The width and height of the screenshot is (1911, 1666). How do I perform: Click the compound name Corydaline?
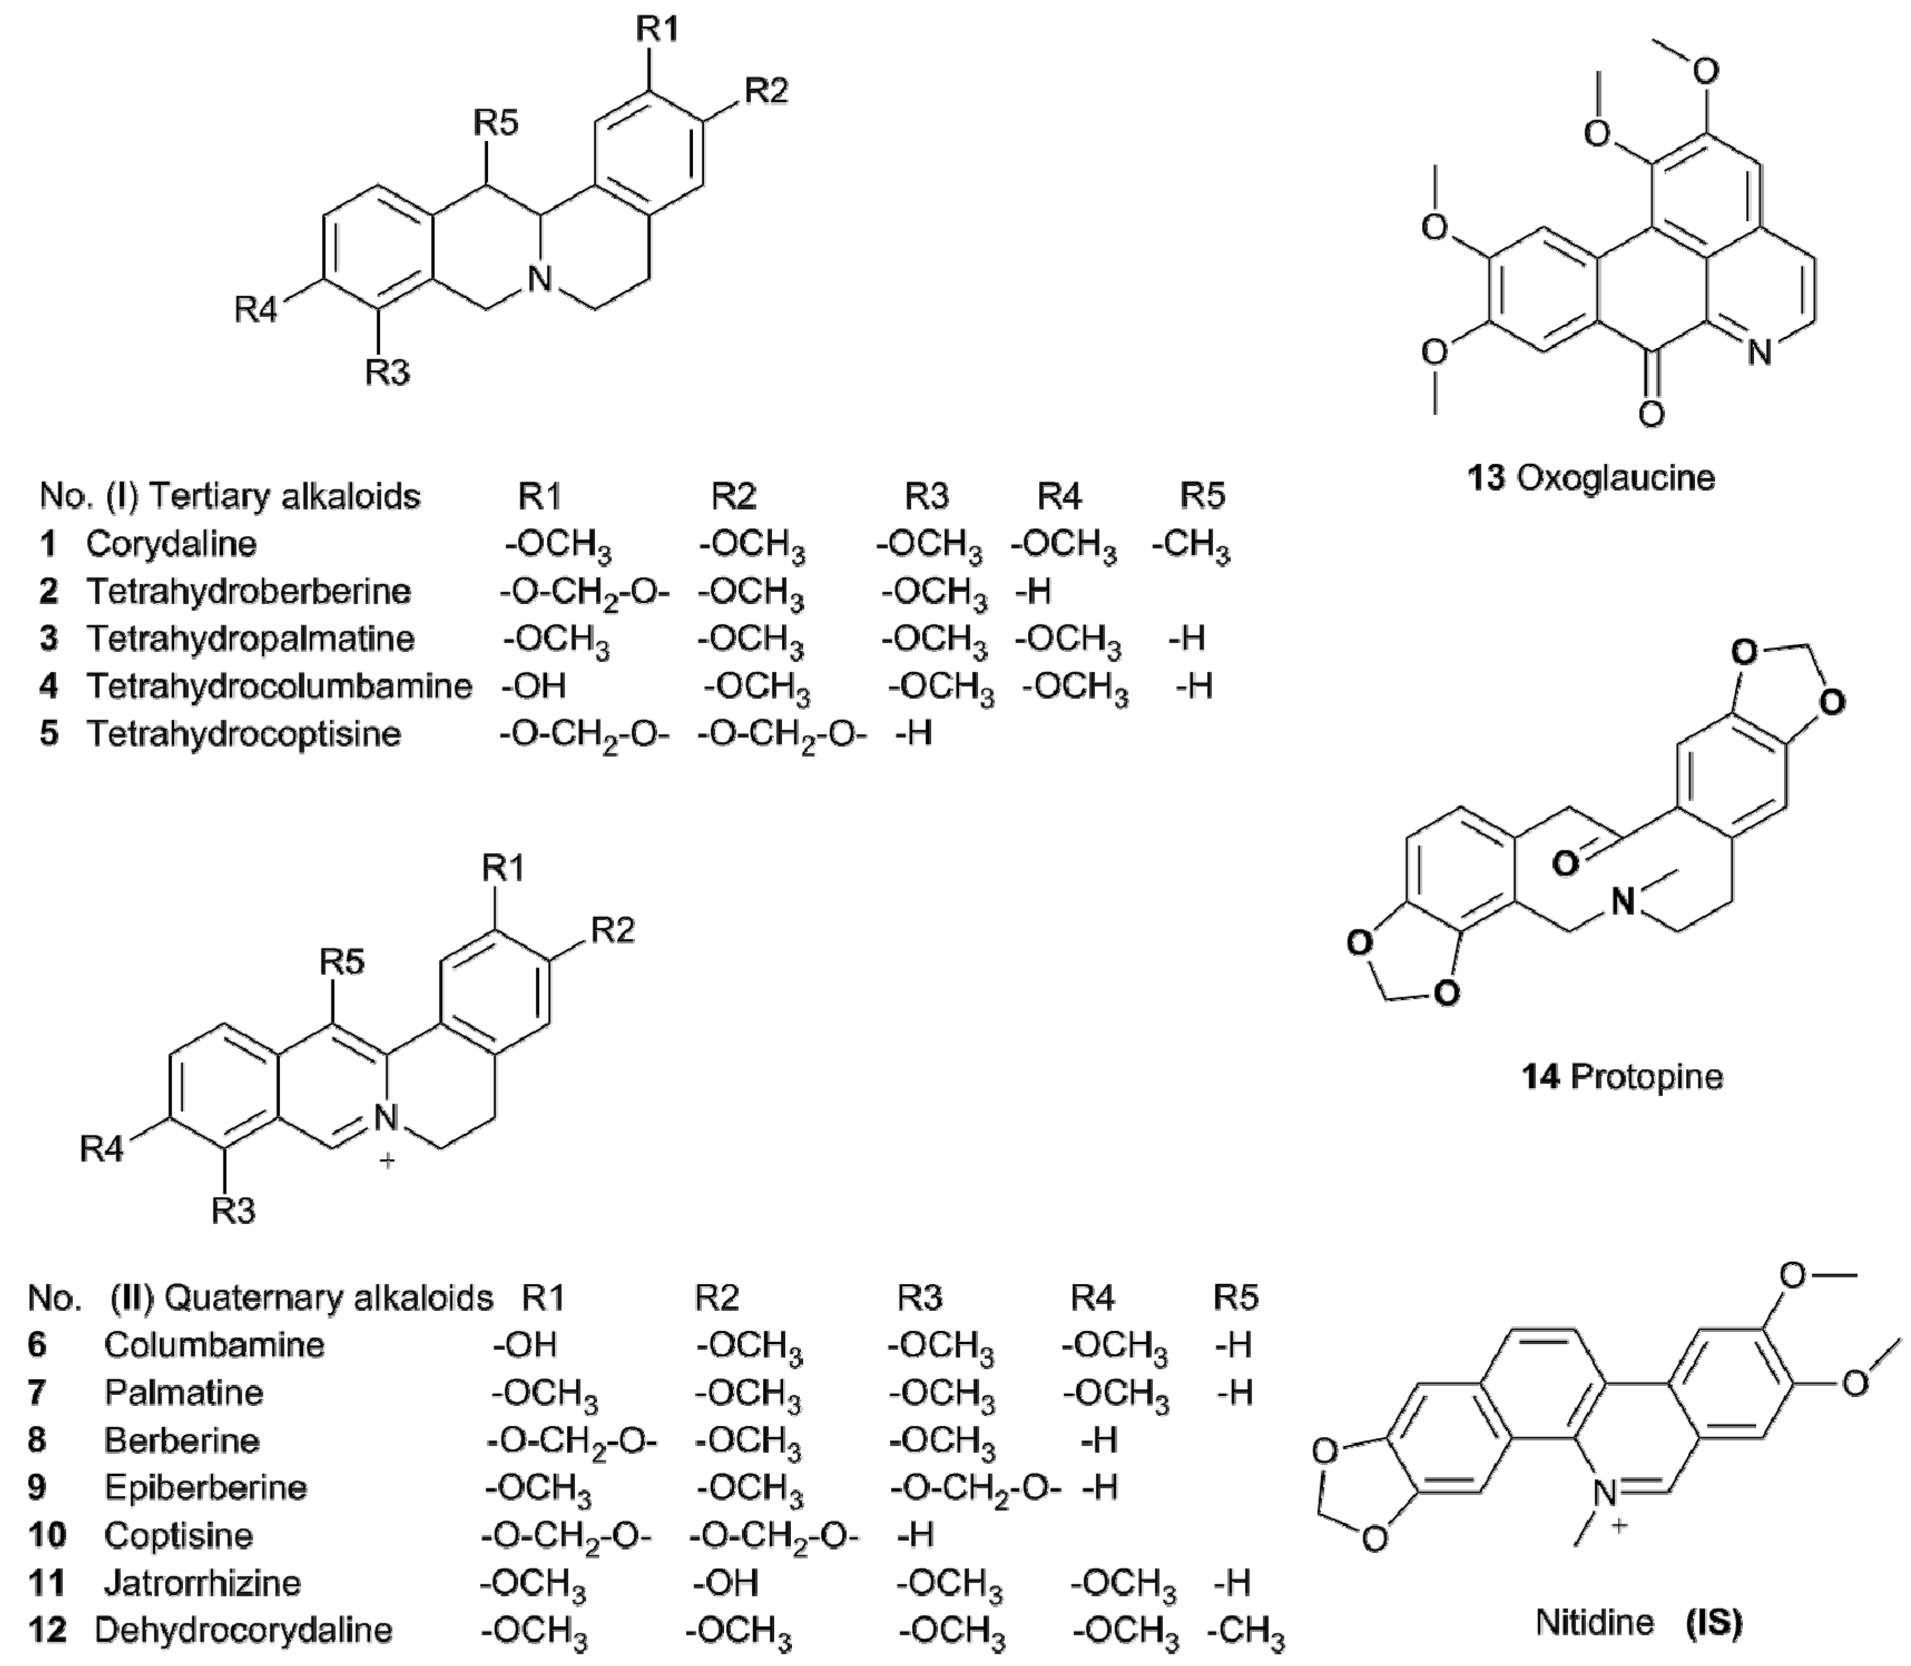coord(171,544)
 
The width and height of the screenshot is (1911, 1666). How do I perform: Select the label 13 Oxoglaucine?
coord(1591,478)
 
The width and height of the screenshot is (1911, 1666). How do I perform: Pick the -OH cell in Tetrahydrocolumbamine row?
coord(534,686)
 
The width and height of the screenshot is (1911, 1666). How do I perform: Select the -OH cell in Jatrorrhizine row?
coord(726,1582)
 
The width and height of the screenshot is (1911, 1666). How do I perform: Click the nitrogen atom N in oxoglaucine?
coord(1758,353)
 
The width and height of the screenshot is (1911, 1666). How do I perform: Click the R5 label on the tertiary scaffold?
coord(496,122)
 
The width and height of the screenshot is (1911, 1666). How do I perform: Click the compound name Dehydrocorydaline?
coord(243,1631)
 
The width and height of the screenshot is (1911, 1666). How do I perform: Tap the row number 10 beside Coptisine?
coord(47,1535)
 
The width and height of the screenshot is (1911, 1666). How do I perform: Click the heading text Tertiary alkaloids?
coord(284,497)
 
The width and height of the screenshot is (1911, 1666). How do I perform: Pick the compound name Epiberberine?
coord(206,1487)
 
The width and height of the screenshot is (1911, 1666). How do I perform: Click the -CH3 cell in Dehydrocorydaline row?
coord(1246,1633)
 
